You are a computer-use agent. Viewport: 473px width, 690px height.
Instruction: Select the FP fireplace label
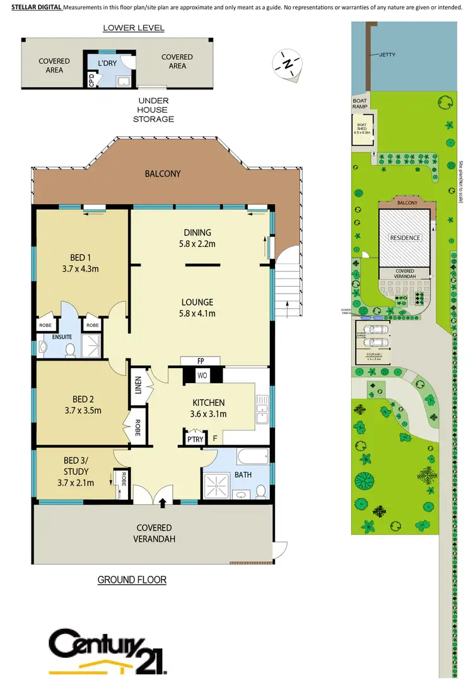point(200,361)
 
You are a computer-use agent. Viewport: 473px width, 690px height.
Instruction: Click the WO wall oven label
point(203,376)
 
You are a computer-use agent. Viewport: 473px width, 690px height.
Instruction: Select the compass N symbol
point(287,64)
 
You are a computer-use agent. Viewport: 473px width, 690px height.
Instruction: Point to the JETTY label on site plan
point(387,55)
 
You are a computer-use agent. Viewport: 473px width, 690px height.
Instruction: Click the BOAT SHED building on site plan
point(362,129)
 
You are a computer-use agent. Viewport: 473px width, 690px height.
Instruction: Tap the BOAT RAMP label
point(359,103)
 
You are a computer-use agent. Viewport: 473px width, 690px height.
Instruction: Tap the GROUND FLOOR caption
point(131,580)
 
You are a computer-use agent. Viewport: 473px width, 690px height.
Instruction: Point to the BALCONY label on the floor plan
point(163,173)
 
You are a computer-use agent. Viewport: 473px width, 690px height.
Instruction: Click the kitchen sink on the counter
point(262,409)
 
